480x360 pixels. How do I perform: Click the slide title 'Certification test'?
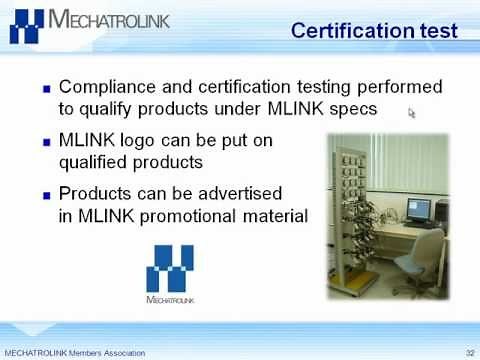coord(375,31)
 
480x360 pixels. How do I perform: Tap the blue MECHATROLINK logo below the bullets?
coord(174,272)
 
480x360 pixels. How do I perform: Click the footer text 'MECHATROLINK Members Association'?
coord(75,353)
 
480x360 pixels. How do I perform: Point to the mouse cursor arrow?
coord(412,113)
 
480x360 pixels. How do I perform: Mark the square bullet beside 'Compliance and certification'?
coord(45,89)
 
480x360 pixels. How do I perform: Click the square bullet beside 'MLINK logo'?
coord(45,142)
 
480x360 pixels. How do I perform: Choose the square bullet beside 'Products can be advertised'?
coord(45,194)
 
